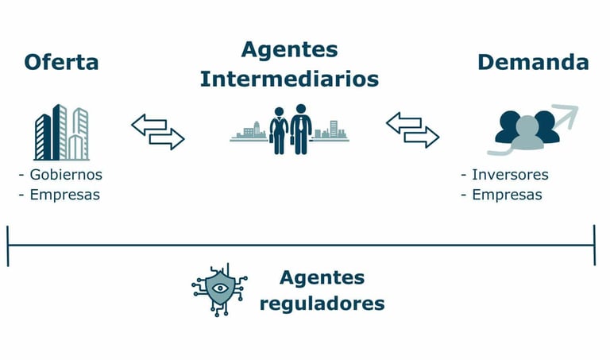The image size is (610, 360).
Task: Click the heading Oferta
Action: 61,62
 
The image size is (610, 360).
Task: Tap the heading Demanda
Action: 533,62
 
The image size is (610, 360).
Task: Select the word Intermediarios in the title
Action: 289,79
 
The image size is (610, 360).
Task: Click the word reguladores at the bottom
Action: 322,303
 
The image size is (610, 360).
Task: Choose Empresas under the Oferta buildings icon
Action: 64,195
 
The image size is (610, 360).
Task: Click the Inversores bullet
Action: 510,175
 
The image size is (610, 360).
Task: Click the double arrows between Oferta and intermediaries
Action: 157,132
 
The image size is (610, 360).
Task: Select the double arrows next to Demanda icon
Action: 412,130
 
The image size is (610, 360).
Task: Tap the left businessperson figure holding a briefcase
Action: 279,129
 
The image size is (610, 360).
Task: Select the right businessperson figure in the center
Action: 301,129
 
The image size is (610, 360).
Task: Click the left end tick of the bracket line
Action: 8,245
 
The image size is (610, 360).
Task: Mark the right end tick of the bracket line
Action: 593,245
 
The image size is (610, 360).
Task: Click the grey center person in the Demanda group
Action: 527,134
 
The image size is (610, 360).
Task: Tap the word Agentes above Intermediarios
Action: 289,49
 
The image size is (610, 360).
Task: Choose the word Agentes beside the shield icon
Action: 322,278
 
